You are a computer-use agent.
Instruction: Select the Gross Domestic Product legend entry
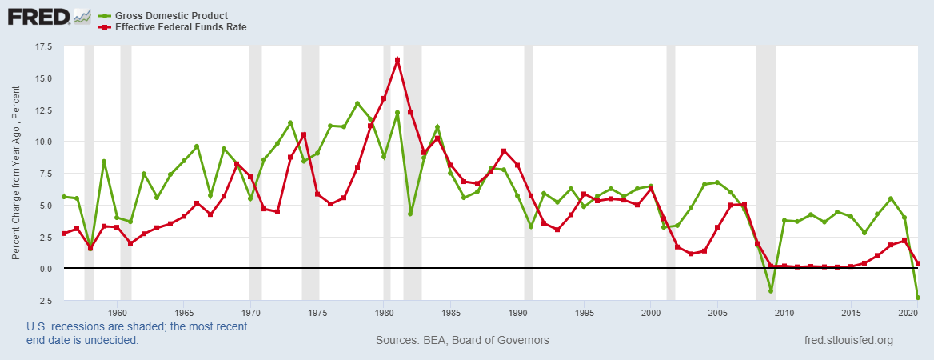(x=171, y=15)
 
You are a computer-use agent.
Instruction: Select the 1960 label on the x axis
(x=118, y=312)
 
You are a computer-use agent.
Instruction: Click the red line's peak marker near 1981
(x=397, y=60)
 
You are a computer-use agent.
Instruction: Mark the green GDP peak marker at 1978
(x=357, y=103)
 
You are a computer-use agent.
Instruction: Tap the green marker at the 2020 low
(x=917, y=298)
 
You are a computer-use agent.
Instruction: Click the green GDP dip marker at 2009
(x=771, y=290)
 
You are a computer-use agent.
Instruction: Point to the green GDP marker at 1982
(x=410, y=214)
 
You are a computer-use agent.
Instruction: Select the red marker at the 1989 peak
(x=504, y=150)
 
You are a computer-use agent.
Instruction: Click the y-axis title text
(x=15, y=173)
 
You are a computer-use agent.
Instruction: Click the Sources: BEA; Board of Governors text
(x=462, y=340)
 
